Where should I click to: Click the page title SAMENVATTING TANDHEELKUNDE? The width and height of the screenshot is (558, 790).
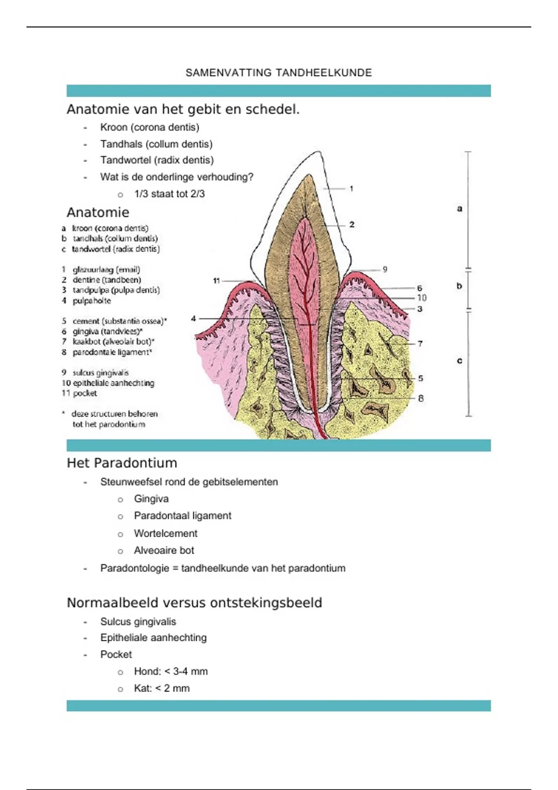pyautogui.click(x=279, y=72)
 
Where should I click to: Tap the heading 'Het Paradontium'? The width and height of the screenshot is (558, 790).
pyautogui.click(x=122, y=463)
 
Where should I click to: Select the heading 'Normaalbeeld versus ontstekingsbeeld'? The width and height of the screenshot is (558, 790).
pyautogui.click(x=194, y=603)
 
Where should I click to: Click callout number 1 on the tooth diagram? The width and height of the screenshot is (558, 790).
pyautogui.click(x=352, y=189)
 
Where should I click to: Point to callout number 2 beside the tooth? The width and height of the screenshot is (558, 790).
pyautogui.click(x=352, y=224)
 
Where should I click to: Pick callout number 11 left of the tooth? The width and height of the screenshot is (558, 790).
pyautogui.click(x=216, y=281)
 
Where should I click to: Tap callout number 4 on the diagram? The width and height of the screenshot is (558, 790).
pyautogui.click(x=193, y=318)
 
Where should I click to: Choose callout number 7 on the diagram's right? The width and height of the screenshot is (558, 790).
pyautogui.click(x=420, y=343)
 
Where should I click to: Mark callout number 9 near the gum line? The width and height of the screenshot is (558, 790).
pyautogui.click(x=385, y=269)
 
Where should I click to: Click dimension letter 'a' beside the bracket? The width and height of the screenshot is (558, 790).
pyautogui.click(x=459, y=209)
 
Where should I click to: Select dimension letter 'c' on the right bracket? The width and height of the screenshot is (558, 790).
pyautogui.click(x=459, y=361)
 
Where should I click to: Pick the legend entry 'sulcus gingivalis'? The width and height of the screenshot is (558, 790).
pyautogui.click(x=100, y=373)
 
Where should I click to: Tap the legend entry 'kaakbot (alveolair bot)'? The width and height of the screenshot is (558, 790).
pyautogui.click(x=113, y=342)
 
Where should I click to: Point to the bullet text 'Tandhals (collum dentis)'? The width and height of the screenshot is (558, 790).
pyautogui.click(x=156, y=144)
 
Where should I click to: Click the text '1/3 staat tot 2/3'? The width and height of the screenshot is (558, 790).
pyautogui.click(x=169, y=194)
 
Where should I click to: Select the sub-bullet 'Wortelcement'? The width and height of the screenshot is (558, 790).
pyautogui.click(x=166, y=533)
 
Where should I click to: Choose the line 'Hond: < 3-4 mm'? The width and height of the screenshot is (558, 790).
pyautogui.click(x=171, y=671)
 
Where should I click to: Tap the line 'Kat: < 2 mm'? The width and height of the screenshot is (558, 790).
pyautogui.click(x=162, y=688)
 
